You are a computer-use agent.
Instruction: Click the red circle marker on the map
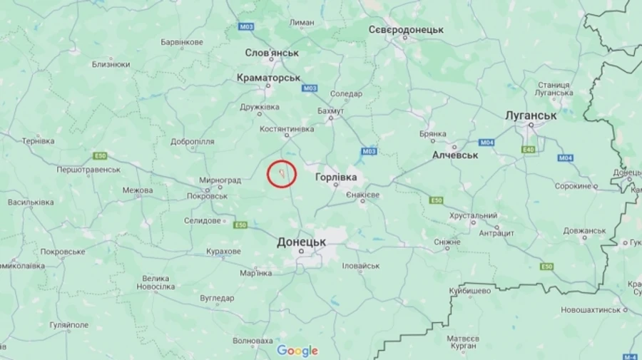[x=282, y=174]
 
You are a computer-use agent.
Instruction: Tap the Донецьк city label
[x=301, y=242]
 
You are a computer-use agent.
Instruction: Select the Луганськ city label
[x=530, y=115]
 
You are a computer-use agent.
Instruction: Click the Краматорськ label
[x=268, y=77]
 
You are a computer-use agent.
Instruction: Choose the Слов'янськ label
[x=271, y=53]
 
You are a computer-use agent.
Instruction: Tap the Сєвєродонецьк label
[x=406, y=30]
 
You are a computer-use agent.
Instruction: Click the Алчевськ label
[x=455, y=154]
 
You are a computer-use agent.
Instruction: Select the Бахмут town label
[x=330, y=111]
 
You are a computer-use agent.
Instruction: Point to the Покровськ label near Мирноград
[x=207, y=196]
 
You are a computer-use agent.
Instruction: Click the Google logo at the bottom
[x=297, y=351]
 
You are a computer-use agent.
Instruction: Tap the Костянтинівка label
[x=287, y=129]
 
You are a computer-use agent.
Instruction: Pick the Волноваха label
[x=253, y=340]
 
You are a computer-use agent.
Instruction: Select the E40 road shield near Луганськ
[x=529, y=149]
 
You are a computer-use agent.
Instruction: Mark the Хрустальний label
[x=473, y=215]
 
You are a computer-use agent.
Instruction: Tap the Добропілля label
[x=193, y=141]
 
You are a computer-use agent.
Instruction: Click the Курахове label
[x=223, y=252]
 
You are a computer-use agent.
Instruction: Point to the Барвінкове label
[x=181, y=42]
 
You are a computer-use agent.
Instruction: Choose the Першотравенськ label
[x=88, y=170]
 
